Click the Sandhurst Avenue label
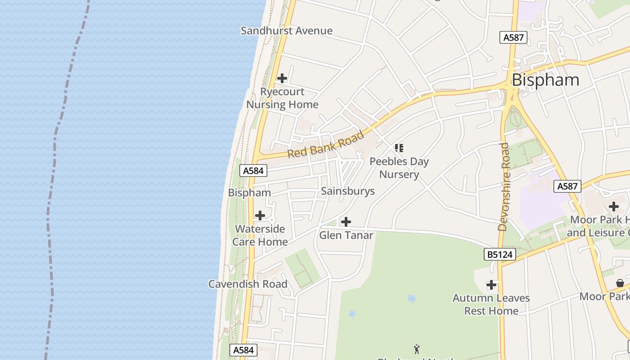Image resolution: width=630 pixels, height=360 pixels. (287, 31)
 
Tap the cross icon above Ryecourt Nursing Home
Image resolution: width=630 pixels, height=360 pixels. (282, 79)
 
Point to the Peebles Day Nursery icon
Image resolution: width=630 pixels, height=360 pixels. (399, 148)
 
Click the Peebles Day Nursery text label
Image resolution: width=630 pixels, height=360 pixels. (399, 168)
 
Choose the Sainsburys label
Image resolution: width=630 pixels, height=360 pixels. (348, 191)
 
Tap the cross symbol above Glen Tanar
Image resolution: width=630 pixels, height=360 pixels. (346, 222)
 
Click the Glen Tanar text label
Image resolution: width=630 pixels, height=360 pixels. (346, 235)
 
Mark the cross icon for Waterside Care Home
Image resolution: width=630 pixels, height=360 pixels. (260, 216)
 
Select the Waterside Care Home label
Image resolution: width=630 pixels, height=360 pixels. (260, 235)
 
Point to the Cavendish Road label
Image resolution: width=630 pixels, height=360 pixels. (247, 284)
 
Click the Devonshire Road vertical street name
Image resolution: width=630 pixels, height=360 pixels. (504, 187)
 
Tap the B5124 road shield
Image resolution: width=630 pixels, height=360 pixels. (500, 255)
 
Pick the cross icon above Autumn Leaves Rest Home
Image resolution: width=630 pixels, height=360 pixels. (491, 285)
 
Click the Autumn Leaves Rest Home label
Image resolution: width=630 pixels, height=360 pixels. (491, 305)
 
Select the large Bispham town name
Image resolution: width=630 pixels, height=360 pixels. (545, 80)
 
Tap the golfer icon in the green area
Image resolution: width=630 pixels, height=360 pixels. (417, 349)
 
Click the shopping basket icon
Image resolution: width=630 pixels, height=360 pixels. (620, 283)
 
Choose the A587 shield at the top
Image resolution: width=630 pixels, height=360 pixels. (513, 37)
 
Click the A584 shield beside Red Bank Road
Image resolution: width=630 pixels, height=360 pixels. (254, 171)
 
